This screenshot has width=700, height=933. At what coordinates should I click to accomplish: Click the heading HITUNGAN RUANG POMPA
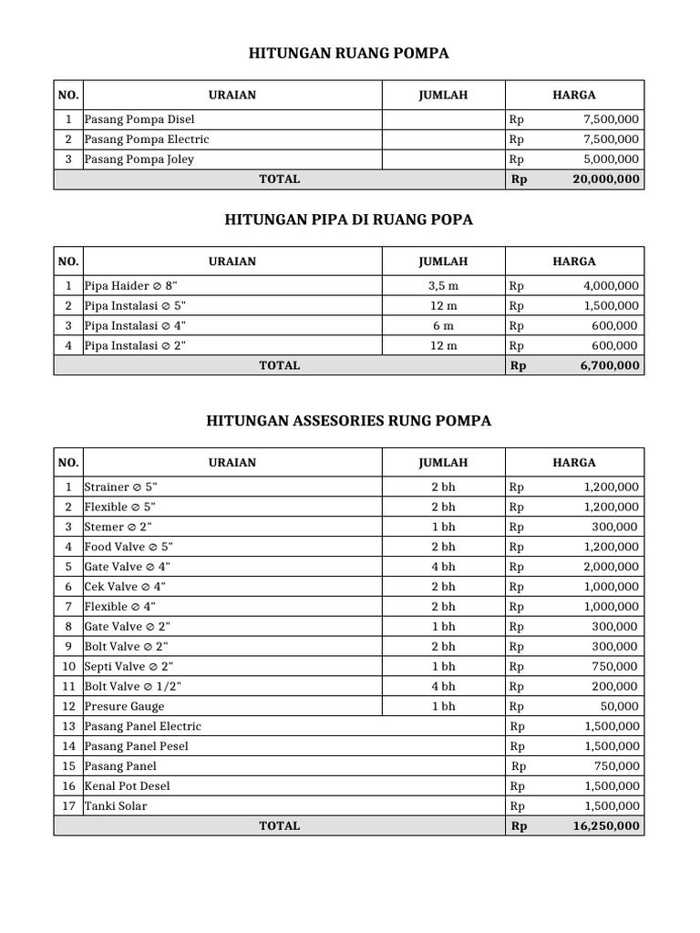349,55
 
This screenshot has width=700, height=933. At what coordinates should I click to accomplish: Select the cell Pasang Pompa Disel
139,119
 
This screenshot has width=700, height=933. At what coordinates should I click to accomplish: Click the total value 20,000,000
605,179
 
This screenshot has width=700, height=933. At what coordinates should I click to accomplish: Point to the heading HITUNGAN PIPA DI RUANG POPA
349,220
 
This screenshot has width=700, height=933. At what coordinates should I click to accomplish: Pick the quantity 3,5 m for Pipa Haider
443,286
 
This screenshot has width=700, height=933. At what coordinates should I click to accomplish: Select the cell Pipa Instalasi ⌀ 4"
136,326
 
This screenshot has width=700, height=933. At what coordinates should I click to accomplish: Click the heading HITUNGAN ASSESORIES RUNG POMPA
349,421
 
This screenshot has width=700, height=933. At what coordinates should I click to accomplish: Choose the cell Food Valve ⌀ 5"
129,547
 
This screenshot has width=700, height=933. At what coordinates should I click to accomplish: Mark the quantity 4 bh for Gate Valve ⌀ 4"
443,567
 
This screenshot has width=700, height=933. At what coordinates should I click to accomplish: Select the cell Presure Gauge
125,706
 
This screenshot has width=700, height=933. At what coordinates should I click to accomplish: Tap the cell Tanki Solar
116,806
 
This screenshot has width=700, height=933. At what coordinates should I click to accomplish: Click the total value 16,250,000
605,826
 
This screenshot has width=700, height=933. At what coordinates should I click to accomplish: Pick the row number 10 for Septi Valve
68,666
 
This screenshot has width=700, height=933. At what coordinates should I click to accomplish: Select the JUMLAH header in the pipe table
443,261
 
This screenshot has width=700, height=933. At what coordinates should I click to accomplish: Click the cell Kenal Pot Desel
128,786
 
